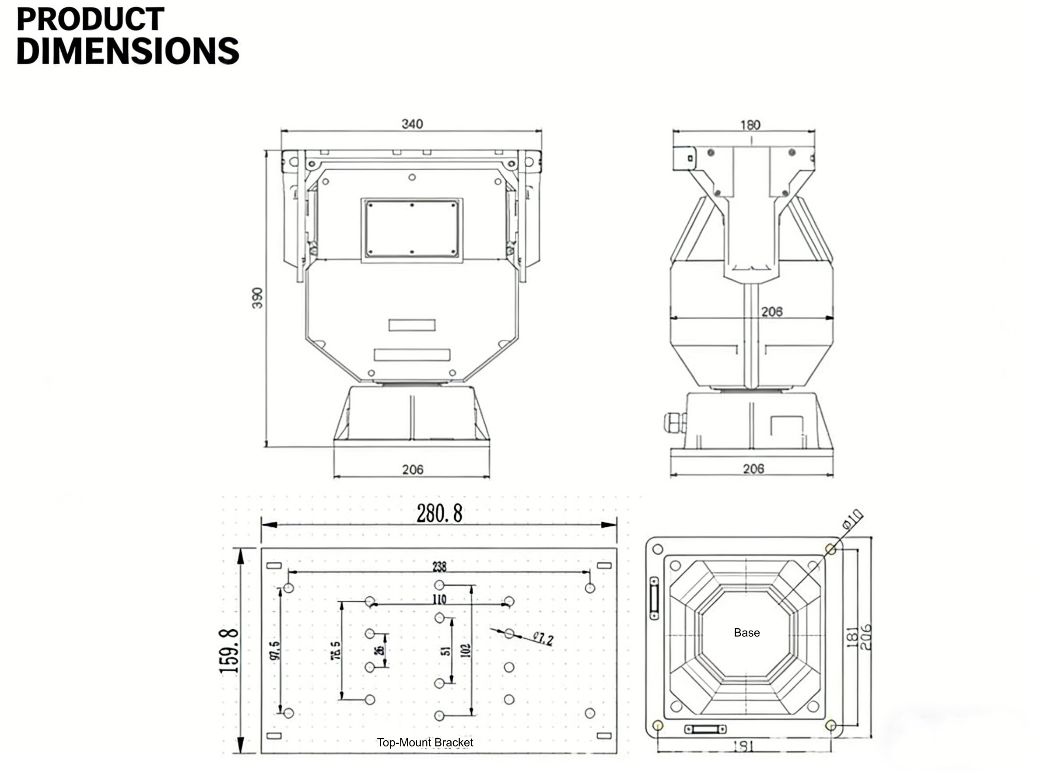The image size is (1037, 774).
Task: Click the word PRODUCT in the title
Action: tap(90, 20)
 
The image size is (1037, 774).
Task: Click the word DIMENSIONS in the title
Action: tap(127, 51)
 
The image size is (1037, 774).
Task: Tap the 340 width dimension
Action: tap(412, 124)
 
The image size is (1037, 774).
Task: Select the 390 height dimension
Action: tap(257, 298)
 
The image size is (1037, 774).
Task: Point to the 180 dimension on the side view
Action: tap(750, 125)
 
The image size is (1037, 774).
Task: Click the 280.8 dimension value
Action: tap(439, 514)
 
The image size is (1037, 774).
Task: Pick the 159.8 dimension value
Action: tap(230, 651)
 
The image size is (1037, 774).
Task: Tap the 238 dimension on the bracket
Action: tap(439, 567)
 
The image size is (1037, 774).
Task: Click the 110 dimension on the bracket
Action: tap(439, 599)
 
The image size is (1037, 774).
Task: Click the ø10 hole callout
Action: tap(852, 519)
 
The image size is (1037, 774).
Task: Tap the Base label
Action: tap(746, 633)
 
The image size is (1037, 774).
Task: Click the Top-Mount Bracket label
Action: tap(424, 742)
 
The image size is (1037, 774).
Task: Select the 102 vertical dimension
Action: tap(466, 651)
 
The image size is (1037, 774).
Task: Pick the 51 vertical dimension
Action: tap(447, 651)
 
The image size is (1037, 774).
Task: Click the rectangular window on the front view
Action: tap(411, 230)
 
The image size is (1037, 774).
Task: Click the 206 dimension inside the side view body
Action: tap(771, 312)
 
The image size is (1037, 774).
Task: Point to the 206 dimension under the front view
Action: tap(412, 469)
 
